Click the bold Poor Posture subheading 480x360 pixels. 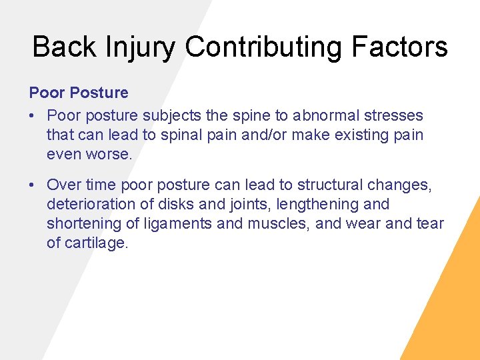point(79,93)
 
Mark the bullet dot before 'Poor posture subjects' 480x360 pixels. point(33,116)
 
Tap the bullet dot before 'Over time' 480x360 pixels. point(33,185)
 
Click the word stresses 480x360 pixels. point(398,115)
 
